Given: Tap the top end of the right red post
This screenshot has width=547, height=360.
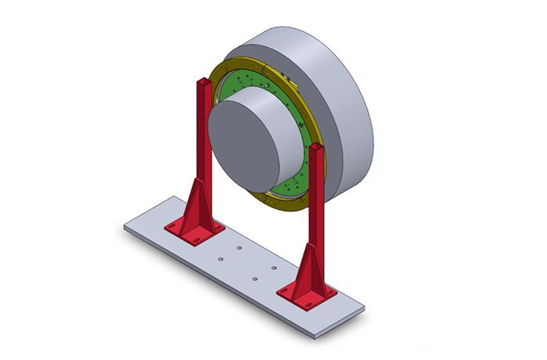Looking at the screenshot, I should coord(315,146).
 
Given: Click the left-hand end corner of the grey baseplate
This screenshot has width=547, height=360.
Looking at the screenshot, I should coord(124,227).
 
